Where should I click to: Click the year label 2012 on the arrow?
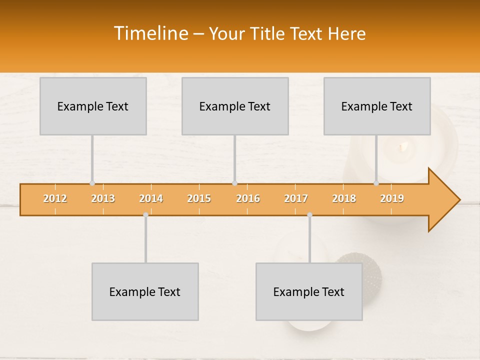pyautogui.click(x=55, y=198)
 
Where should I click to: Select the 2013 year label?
pyautogui.click(x=103, y=198)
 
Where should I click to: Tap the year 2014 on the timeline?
pyautogui.click(x=151, y=198)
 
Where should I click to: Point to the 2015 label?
pyautogui.click(x=199, y=198)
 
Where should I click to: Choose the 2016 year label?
pyautogui.click(x=248, y=198)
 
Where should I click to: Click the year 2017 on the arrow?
pyautogui.click(x=296, y=198)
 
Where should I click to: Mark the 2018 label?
pyautogui.click(x=344, y=198)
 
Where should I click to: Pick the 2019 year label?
pyautogui.click(x=392, y=198)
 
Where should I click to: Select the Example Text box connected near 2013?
pyautogui.click(x=93, y=106)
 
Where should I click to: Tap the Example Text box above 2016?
pyautogui.click(x=235, y=106)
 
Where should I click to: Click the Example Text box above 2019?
pyautogui.click(x=377, y=106)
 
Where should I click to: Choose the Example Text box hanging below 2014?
pyautogui.click(x=145, y=291)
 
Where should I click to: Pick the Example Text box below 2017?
pyautogui.click(x=309, y=291)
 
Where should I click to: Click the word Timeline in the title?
pyautogui.click(x=150, y=33)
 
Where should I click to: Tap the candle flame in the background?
pyautogui.click(x=403, y=146)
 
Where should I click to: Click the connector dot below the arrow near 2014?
pyautogui.click(x=145, y=214)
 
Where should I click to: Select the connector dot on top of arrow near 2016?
pyautogui.click(x=234, y=183)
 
